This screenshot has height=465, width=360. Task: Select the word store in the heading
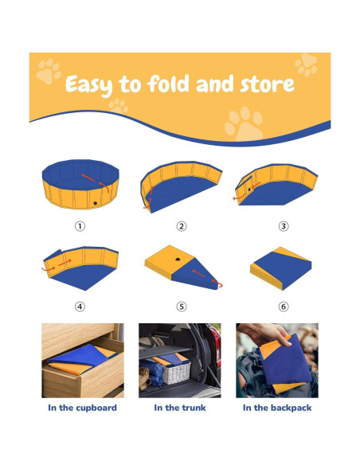point(268,84)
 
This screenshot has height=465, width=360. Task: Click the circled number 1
point(80,226)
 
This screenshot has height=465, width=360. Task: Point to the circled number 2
point(181,226)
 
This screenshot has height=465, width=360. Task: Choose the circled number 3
point(283,226)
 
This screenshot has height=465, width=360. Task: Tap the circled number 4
point(80,306)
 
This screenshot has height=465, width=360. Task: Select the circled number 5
point(181,306)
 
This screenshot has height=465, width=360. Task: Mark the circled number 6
point(283,306)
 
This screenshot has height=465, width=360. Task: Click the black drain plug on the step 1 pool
point(94,204)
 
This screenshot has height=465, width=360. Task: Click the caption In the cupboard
point(82,408)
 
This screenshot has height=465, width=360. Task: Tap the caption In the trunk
point(180,408)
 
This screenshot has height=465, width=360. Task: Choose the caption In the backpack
point(277,408)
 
